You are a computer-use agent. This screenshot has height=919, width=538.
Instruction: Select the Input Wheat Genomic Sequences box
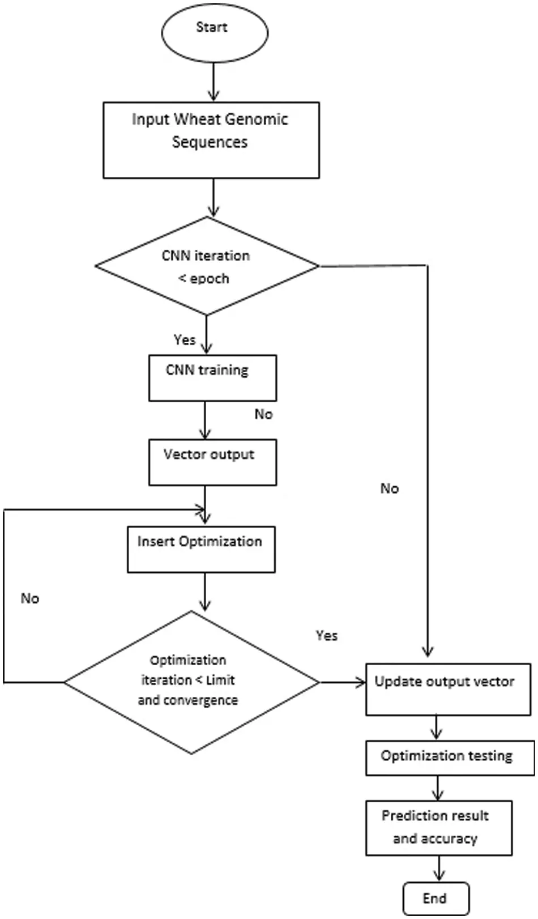tap(211, 140)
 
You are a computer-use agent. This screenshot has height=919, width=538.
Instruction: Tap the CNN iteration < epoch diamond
tap(207, 266)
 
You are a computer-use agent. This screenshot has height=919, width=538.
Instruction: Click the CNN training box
tap(212, 378)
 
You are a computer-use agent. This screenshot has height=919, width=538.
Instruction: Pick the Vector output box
tap(212, 462)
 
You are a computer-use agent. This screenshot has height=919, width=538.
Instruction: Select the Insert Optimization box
tap(201, 549)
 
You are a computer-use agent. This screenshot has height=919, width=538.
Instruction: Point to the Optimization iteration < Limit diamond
tap(191, 682)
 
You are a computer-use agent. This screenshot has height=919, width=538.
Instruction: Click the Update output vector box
tap(447, 689)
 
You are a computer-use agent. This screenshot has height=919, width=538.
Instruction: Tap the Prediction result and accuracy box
tap(438, 827)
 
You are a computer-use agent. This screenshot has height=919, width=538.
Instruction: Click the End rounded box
tap(435, 898)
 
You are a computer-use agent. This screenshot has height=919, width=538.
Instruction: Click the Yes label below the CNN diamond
tap(185, 340)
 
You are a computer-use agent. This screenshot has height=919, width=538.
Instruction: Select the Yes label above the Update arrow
tap(327, 636)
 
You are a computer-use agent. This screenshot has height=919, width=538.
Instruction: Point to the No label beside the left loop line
tap(30, 599)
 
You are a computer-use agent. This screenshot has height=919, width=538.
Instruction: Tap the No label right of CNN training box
tap(263, 415)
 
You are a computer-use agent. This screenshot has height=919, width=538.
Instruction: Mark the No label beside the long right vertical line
tap(390, 488)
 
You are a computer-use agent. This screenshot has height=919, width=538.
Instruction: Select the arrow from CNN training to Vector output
tap(205, 420)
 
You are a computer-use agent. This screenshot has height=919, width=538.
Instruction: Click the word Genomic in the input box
tap(256, 120)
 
